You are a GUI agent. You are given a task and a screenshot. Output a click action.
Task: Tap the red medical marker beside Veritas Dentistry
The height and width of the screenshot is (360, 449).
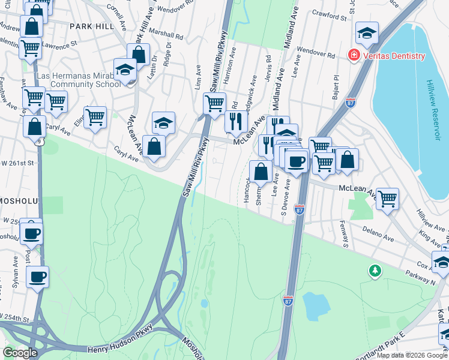pos(354,56)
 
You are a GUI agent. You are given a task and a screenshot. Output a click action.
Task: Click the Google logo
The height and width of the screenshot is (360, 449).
pos(20,352)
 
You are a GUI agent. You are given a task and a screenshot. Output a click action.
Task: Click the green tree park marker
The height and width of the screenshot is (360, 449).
pos(375,272)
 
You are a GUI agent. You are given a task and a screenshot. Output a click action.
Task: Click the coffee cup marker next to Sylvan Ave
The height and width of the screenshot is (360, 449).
pos(37,277)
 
